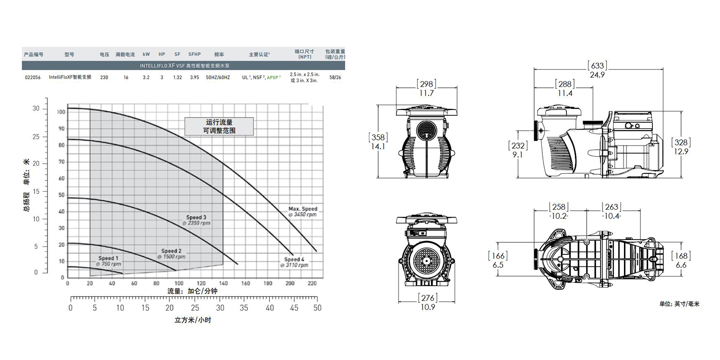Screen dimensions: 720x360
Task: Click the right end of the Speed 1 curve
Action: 122,274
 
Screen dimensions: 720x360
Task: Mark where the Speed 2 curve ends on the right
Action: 176,270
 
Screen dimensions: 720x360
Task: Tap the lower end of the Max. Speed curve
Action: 317,252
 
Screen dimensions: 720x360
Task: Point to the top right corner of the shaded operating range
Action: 223,164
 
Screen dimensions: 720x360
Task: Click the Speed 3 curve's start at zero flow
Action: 68,198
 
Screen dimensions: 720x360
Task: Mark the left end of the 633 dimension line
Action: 534,69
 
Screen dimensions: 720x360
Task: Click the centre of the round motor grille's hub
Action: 427,261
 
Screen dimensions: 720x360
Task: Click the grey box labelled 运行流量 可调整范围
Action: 219,126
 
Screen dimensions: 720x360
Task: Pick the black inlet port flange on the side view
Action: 536,131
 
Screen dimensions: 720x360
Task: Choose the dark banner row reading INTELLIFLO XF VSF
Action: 183,66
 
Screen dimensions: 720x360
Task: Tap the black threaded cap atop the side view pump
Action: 593,123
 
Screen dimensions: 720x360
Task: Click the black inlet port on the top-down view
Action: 536,259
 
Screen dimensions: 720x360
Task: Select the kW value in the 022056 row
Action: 146,77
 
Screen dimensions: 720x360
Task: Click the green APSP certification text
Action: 274,77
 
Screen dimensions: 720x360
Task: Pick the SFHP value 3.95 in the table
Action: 194,77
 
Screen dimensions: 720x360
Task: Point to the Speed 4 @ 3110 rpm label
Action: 294,262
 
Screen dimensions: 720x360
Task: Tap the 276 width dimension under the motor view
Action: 428,298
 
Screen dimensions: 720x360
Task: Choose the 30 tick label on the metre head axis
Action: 36,108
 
